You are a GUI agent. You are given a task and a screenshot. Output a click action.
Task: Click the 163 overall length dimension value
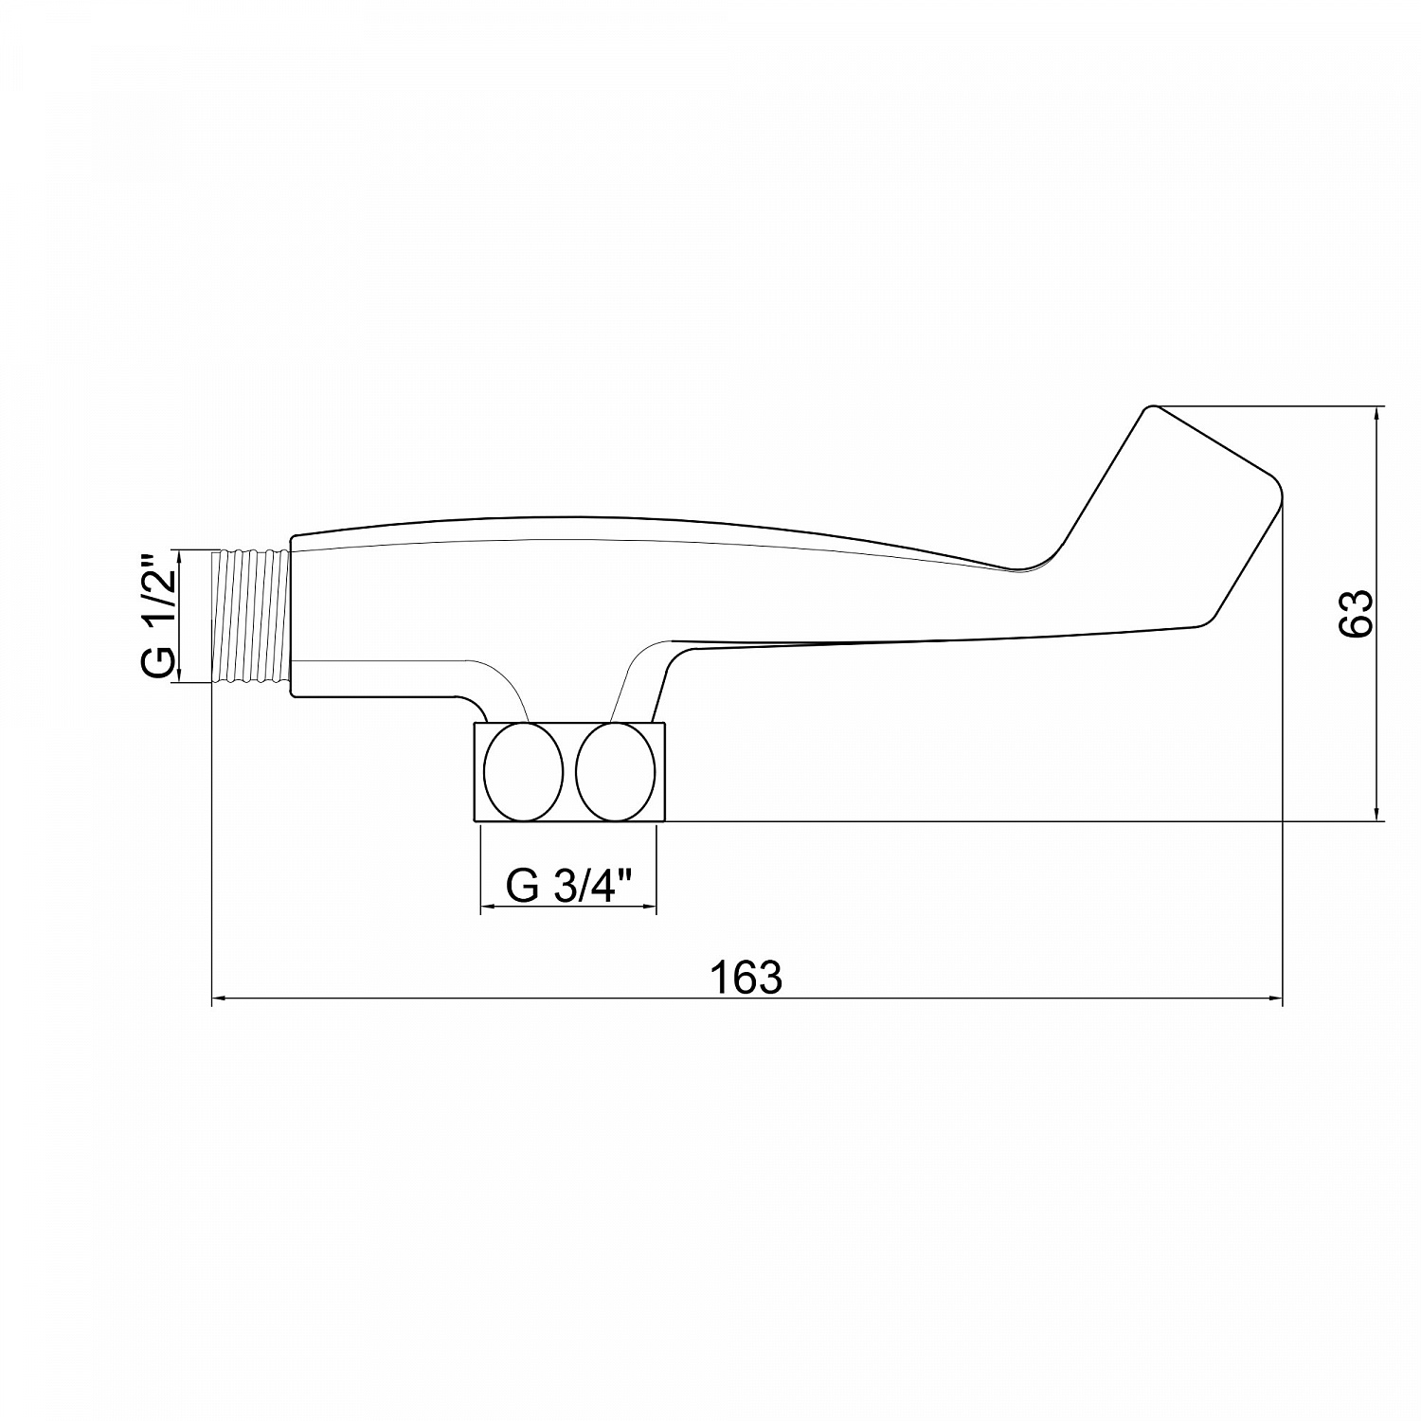746,978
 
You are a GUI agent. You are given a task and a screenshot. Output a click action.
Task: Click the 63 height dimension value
1357,613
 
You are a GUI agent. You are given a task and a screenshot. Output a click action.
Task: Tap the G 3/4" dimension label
568,886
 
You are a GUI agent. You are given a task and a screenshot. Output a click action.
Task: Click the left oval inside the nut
523,771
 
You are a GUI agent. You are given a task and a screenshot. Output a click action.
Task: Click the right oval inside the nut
616,771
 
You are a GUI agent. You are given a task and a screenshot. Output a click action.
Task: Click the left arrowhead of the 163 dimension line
218,998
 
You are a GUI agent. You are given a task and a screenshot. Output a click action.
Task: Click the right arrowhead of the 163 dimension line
1274,998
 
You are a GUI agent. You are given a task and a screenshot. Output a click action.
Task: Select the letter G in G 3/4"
522,886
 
